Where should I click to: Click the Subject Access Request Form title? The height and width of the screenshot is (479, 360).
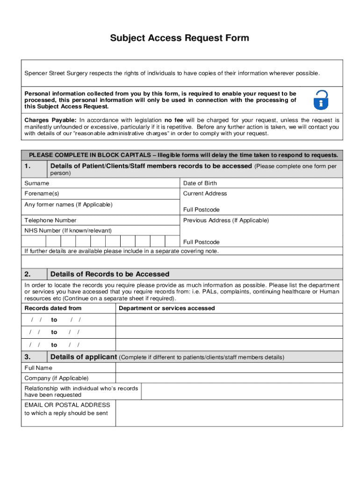coord(180,38)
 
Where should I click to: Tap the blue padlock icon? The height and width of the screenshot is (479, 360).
coord(320,100)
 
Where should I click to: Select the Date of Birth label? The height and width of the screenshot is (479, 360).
coord(200,183)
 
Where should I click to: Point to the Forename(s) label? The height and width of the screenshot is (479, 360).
coord(42,194)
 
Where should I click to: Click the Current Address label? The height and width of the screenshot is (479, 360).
coord(205,194)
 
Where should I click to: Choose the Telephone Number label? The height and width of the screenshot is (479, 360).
coord(50,220)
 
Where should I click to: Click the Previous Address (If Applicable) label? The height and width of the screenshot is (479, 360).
coord(226,220)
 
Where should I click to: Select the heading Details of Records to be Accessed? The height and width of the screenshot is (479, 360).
coord(109,274)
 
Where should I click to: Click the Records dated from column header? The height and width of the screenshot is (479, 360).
coord(53,308)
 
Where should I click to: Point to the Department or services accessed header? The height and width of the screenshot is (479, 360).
coord(167,308)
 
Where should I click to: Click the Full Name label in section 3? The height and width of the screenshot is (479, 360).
coord(38,368)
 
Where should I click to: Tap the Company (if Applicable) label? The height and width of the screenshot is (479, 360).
coord(56,378)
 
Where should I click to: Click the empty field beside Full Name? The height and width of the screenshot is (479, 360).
coord(229,368)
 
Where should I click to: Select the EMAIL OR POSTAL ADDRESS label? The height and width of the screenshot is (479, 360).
coord(67,405)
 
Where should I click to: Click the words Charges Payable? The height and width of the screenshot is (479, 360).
coord(50,120)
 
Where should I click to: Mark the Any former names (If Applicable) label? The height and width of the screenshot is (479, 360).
coord(68,205)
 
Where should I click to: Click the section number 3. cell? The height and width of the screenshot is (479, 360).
coord(34,357)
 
